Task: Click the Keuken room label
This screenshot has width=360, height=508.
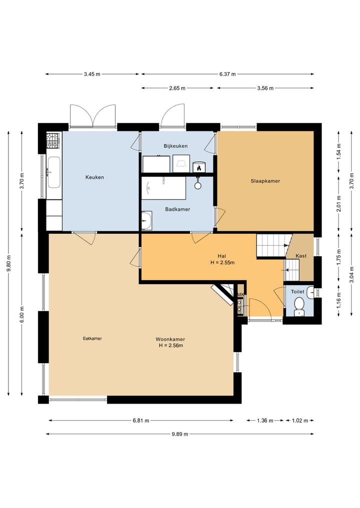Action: click(x=94, y=177)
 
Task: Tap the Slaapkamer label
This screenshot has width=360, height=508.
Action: click(x=265, y=181)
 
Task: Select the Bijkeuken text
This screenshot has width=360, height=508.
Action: click(x=175, y=146)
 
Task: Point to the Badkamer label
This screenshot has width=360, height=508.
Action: click(x=177, y=209)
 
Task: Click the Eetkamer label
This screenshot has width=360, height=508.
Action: click(x=92, y=339)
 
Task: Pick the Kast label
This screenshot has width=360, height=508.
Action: click(x=301, y=256)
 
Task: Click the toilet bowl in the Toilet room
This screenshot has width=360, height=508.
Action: click(x=299, y=306)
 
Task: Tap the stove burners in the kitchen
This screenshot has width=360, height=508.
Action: click(x=53, y=140)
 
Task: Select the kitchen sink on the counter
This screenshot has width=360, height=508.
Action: click(x=54, y=172)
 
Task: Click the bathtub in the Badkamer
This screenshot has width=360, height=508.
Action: click(x=163, y=188)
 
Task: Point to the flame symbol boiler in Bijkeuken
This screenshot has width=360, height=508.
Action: click(x=199, y=167)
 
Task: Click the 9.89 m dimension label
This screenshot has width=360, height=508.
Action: click(x=180, y=434)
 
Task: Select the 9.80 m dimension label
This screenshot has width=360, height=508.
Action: click(x=9, y=264)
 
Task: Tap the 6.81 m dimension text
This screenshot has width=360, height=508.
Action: click(x=141, y=421)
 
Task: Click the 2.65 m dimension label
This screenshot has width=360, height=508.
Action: click(x=177, y=88)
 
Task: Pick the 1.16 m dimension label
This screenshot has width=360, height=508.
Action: click(x=338, y=300)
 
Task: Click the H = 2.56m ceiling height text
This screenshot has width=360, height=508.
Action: click(x=170, y=345)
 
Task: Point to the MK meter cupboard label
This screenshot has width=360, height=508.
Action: click(x=240, y=295)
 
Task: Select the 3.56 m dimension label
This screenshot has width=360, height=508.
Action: click(x=265, y=88)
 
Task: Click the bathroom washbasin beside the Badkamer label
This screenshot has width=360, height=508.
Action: click(x=146, y=221)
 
